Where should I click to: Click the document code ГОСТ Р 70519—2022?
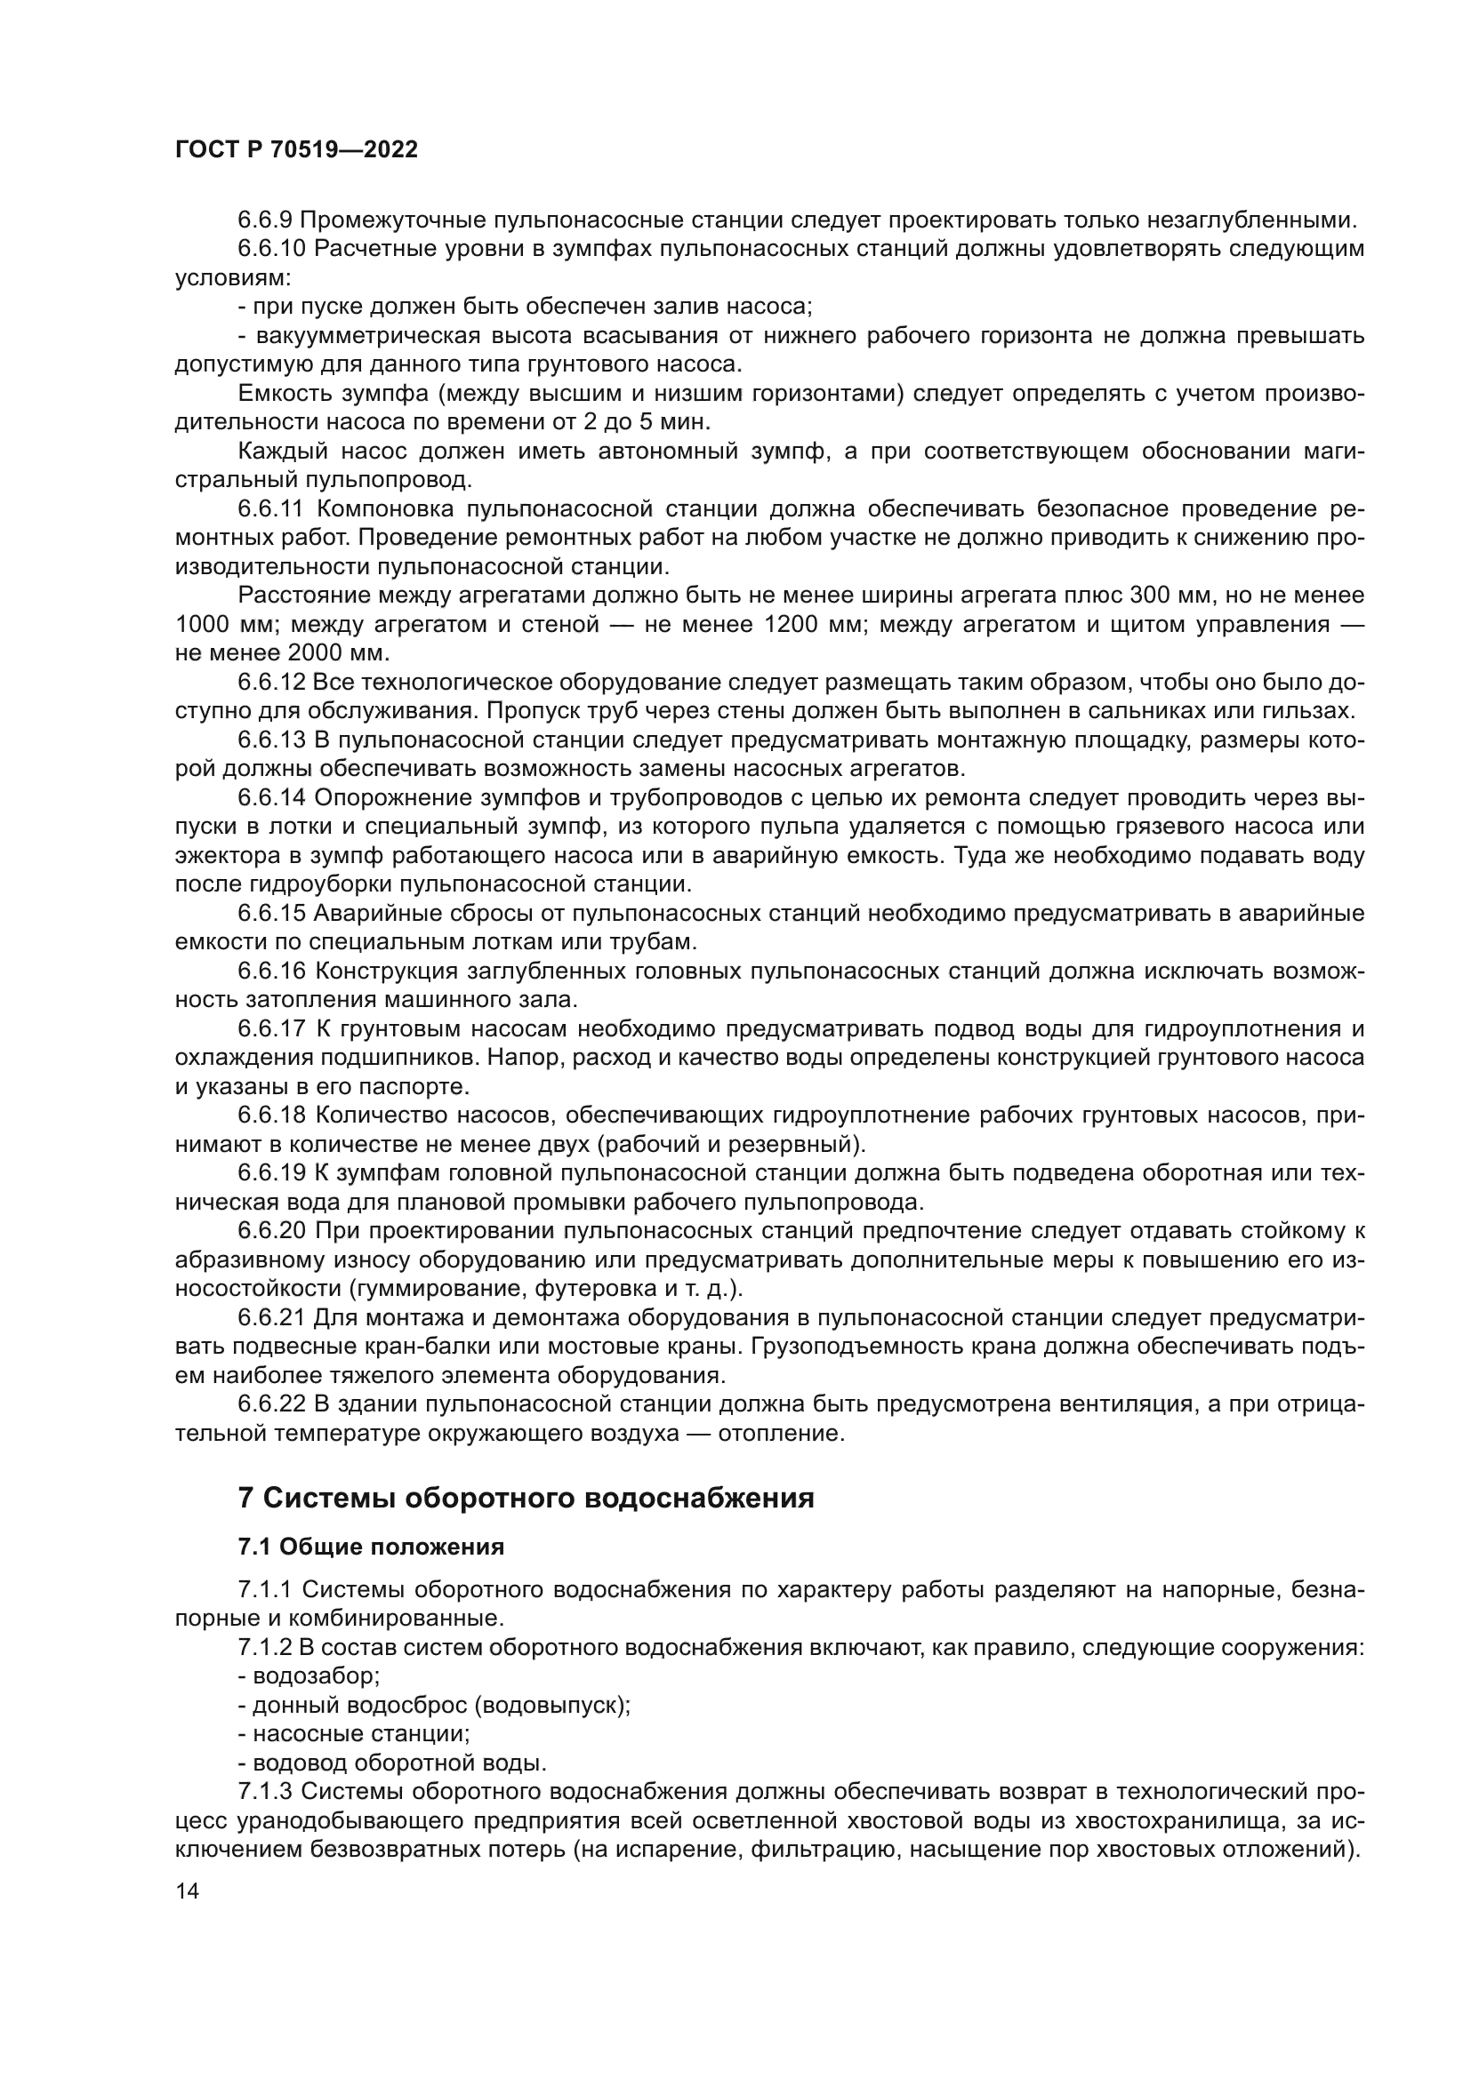(296, 150)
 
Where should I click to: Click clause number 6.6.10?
(273, 249)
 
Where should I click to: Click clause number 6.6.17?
(273, 1029)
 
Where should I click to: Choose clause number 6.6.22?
(273, 1404)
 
